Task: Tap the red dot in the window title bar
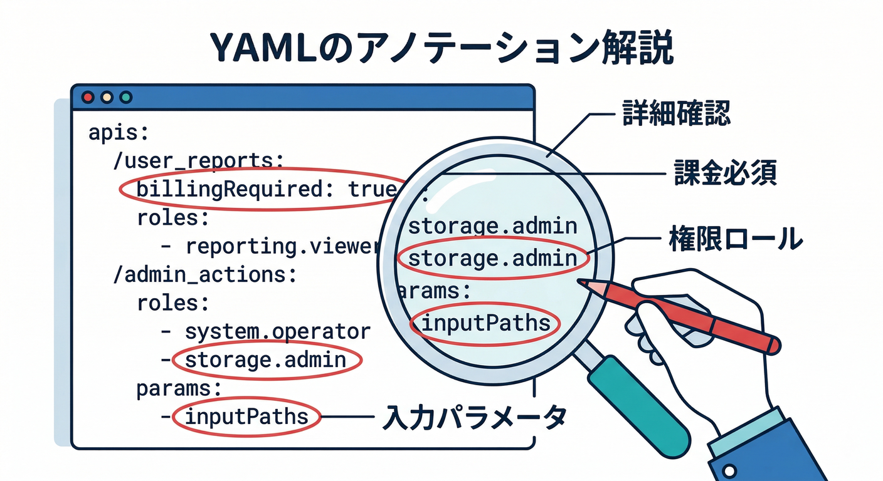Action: (88, 97)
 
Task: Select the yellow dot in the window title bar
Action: (107, 97)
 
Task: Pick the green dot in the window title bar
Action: (126, 97)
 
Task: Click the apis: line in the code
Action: (119, 133)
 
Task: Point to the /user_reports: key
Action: (194, 161)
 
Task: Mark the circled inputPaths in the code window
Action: (246, 416)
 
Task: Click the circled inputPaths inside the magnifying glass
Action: (484, 324)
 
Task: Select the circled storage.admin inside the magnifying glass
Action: (492, 258)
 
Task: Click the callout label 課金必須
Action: (725, 173)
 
